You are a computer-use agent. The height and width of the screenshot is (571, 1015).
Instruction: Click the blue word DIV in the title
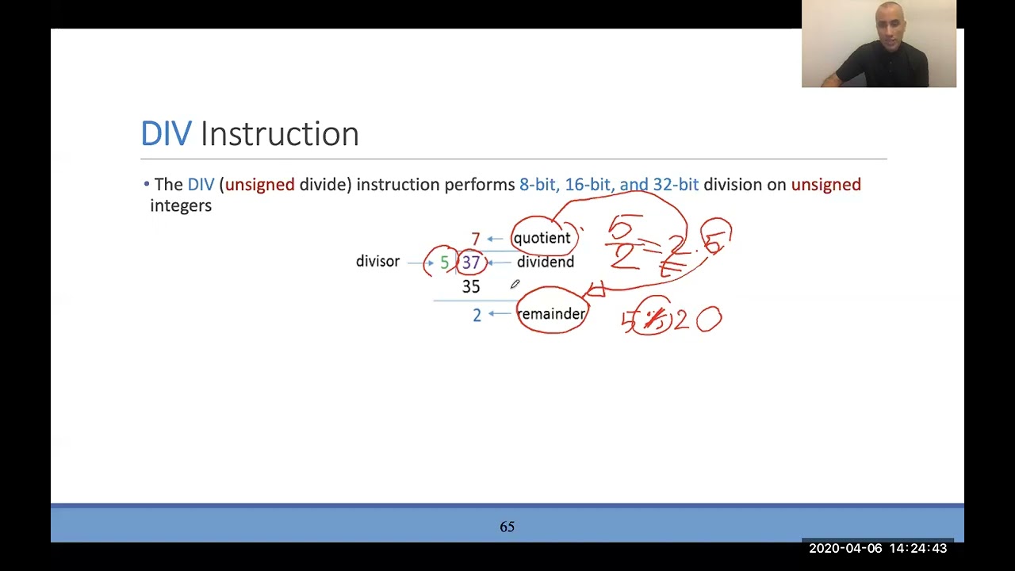[x=166, y=134]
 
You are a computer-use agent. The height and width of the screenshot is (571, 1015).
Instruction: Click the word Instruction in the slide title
[x=279, y=134]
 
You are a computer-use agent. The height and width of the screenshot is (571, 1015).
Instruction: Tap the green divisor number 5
[x=444, y=263]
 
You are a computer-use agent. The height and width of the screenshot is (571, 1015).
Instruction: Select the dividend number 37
[x=471, y=263]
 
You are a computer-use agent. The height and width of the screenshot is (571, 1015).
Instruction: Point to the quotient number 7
[x=475, y=239]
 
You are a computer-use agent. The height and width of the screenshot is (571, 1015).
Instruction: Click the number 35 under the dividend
[x=471, y=286]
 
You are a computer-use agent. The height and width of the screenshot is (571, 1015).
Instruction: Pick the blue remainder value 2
[x=477, y=315]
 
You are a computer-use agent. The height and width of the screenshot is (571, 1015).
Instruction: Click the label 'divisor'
[x=377, y=262]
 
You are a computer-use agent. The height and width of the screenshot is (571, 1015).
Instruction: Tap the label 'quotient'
[x=542, y=238]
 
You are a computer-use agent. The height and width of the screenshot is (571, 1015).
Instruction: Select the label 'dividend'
[x=546, y=263]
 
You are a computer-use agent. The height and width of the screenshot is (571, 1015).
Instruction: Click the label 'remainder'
[x=551, y=314]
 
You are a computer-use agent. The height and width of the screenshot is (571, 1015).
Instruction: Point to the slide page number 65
[x=507, y=527]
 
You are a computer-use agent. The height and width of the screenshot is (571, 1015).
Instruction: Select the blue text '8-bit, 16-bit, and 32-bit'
[x=609, y=185]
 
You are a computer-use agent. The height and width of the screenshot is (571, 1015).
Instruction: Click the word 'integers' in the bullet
[x=181, y=205]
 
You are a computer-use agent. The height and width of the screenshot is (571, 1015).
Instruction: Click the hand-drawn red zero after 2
[x=709, y=320]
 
